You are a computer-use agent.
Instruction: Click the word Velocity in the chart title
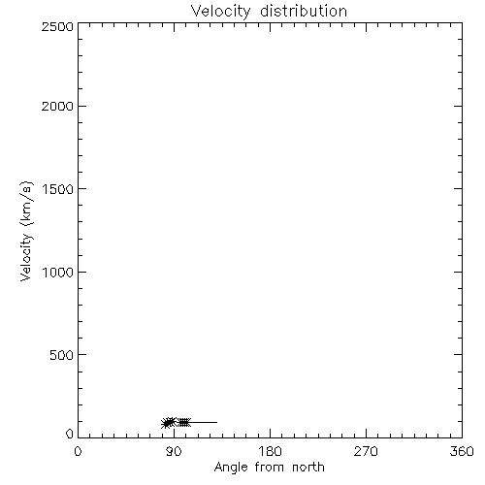click(220, 12)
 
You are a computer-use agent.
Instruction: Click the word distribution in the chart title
click(304, 11)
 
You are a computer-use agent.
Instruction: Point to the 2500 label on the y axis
click(57, 26)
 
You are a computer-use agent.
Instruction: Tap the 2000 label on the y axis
click(57, 106)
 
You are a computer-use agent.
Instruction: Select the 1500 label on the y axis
click(58, 189)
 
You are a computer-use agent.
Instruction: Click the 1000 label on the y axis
click(58, 273)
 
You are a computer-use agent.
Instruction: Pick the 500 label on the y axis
click(62, 355)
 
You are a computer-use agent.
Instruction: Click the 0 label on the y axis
click(70, 434)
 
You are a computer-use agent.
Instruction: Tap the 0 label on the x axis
click(78, 451)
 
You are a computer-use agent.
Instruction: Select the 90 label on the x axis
click(174, 451)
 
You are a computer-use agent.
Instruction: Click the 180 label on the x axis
click(270, 451)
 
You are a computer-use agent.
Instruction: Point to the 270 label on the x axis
click(366, 451)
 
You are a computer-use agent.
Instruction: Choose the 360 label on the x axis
click(462, 451)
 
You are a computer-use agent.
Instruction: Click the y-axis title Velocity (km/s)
click(26, 231)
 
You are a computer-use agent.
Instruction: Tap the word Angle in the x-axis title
click(231, 468)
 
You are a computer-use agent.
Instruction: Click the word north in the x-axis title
click(308, 468)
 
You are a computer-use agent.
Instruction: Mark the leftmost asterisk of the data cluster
click(166, 423)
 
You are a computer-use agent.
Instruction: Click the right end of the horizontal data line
click(217, 422)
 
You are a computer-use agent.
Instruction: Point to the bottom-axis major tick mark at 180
click(270, 434)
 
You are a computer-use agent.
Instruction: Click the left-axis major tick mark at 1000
click(82, 272)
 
